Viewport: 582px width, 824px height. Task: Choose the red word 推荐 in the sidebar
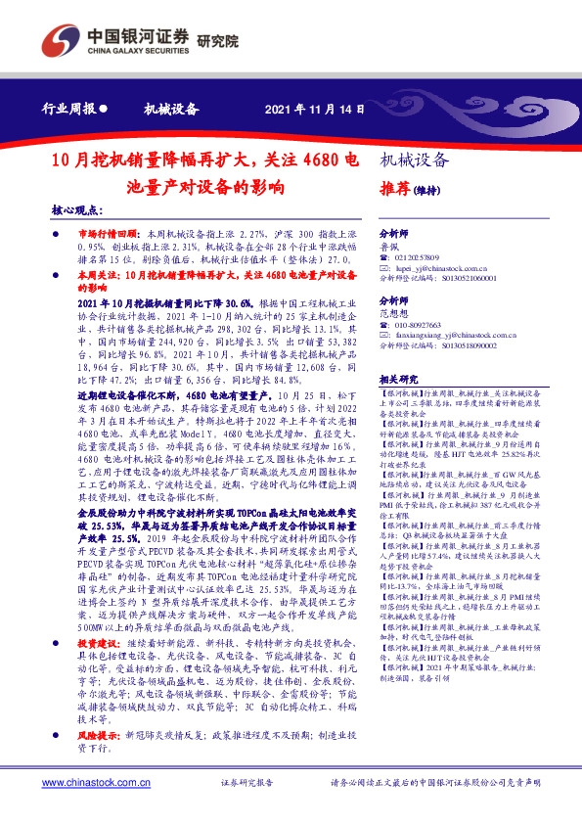click(392, 192)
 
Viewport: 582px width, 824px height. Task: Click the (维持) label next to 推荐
click(425, 193)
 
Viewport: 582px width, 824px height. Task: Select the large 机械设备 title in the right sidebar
click(414, 160)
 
